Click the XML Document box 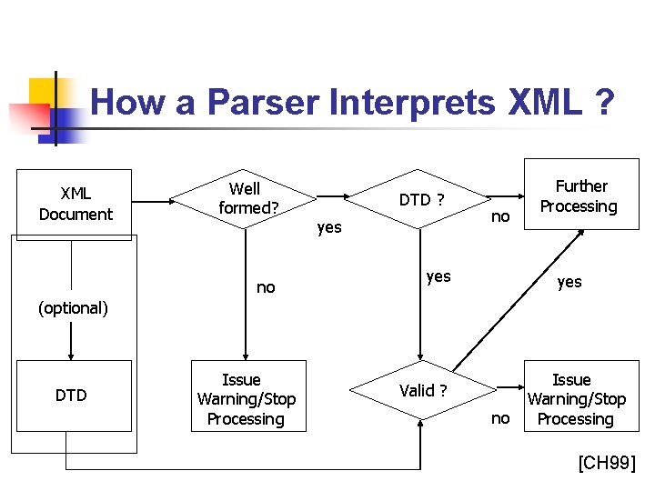coord(75,204)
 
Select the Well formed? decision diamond coord(245,198)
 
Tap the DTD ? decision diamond coord(421,199)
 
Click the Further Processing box coord(579,196)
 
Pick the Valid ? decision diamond coord(422,391)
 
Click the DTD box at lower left coord(71,396)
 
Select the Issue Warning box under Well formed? coord(246,399)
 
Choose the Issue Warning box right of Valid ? coord(576,399)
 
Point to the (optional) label coord(73,308)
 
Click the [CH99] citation coord(607,465)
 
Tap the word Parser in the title coord(264,103)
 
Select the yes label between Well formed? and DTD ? coord(329,227)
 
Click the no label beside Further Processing coord(500,216)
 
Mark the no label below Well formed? coord(266,287)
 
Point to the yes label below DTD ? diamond coord(438,276)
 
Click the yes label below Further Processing coord(569,282)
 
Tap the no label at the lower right coord(500,418)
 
